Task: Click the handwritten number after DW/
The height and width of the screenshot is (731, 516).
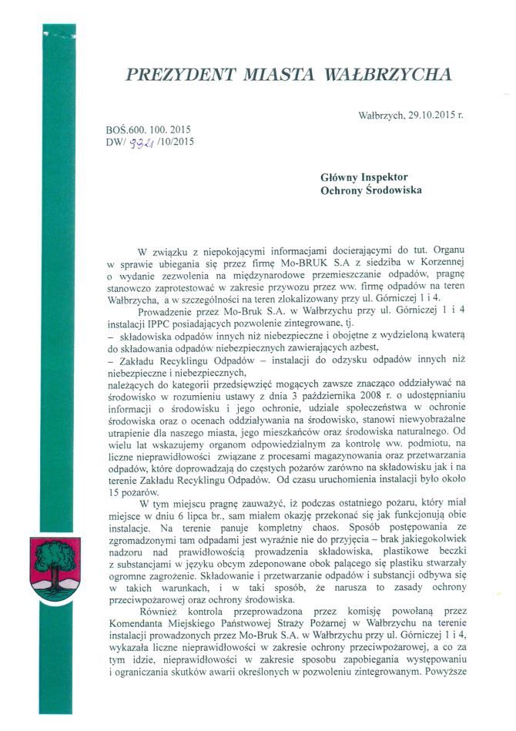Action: (141, 142)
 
